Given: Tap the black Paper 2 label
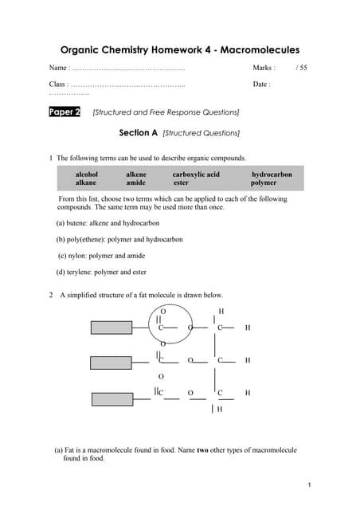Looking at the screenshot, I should coord(65,112).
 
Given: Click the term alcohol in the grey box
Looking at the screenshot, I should coord(87,175).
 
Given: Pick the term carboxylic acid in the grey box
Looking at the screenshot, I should coord(196,175).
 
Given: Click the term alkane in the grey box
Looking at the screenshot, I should coord(86,182).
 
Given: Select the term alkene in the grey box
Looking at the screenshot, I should coord(136,175).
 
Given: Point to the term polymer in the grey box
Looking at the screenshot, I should coord(264,182).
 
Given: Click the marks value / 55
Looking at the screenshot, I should coord(301,69).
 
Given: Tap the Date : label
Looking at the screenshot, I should coord(261,84).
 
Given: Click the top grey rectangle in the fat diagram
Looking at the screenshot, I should coord(121,327).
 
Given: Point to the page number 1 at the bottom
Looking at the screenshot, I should coord(308,484).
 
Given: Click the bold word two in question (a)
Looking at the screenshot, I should coord(202,450).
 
